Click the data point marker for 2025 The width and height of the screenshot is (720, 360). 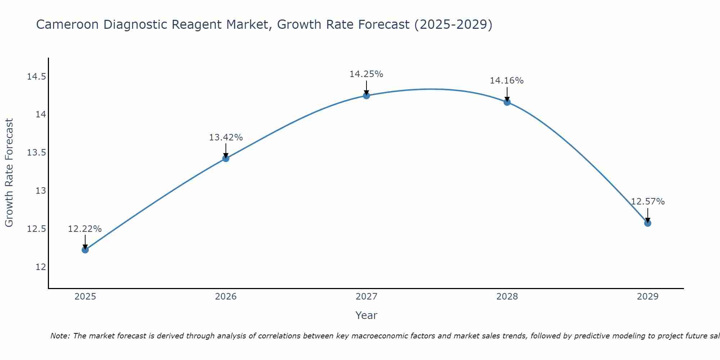pyautogui.click(x=85, y=249)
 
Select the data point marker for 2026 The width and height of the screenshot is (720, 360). pyautogui.click(x=226, y=158)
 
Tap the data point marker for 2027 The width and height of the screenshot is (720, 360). pyautogui.click(x=366, y=95)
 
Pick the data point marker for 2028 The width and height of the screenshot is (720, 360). pyautogui.click(x=507, y=102)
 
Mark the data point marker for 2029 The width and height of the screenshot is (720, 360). pyautogui.click(x=647, y=223)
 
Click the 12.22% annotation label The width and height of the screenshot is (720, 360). pyautogui.click(x=85, y=229)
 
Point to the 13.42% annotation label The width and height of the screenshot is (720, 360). pyautogui.click(x=226, y=138)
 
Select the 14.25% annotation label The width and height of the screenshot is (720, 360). pyautogui.click(x=366, y=74)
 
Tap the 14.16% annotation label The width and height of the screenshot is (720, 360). pyautogui.click(x=507, y=81)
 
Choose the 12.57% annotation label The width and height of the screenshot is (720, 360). pyautogui.click(x=647, y=202)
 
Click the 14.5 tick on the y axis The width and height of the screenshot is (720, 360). pyautogui.click(x=37, y=77)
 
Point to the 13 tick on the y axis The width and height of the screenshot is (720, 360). pyautogui.click(x=41, y=191)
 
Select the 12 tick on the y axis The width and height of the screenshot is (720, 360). pyautogui.click(x=41, y=267)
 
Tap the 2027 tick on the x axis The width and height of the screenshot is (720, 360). pyautogui.click(x=366, y=297)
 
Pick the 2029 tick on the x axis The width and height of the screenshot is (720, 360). pyautogui.click(x=647, y=297)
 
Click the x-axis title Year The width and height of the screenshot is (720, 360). pyautogui.click(x=366, y=315)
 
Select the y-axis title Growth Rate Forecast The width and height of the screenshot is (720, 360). pyautogui.click(x=9, y=172)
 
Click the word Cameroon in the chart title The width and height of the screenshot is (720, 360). pyautogui.click(x=67, y=25)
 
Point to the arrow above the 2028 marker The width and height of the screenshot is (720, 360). pyautogui.click(x=507, y=94)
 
